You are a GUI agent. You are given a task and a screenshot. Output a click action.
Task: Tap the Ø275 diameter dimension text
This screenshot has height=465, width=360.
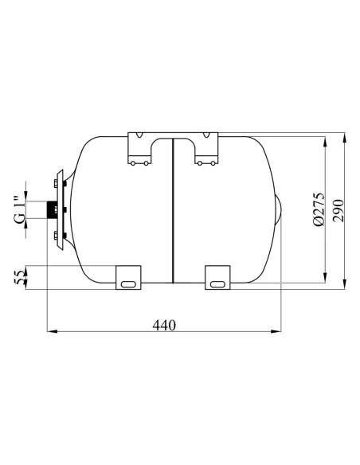point(318,209)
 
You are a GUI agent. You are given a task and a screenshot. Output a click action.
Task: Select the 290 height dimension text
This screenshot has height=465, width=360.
point(338,209)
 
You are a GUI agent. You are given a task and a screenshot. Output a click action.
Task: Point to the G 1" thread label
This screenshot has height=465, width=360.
point(19,210)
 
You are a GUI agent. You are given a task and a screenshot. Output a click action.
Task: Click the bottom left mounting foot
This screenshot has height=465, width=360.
point(128,276)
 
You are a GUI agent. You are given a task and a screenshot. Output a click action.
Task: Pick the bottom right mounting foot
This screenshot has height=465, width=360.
point(217,276)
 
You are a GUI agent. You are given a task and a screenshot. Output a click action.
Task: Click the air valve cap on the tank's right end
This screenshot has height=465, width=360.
point(279,210)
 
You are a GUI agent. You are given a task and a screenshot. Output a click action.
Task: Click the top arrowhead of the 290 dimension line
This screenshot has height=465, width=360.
point(344,136)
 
